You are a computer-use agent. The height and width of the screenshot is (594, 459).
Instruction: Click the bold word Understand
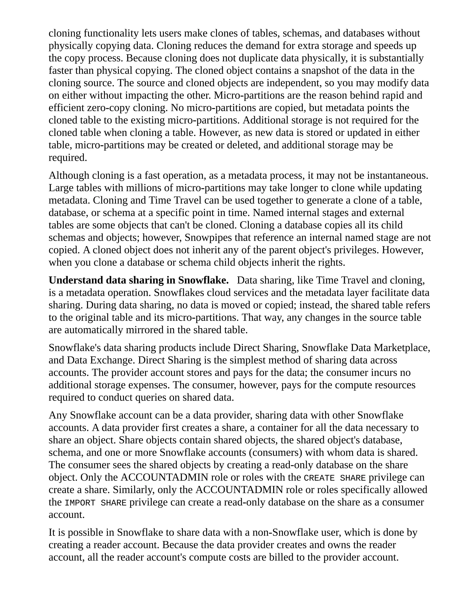[76, 280]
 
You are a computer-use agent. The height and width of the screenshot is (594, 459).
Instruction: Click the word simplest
[248, 360]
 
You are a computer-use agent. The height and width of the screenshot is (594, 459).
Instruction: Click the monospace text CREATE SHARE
[334, 478]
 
